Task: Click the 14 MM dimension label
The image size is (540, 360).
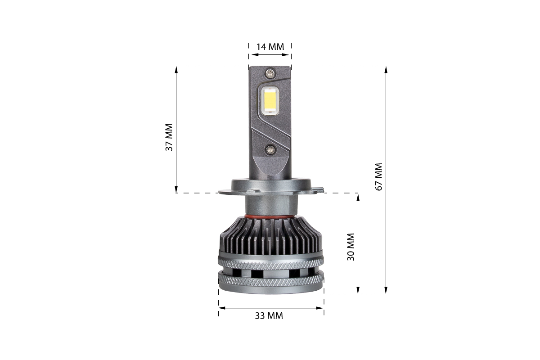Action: (x=270, y=47)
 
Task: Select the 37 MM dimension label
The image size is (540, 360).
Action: (x=169, y=137)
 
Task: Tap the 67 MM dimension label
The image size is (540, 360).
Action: (x=379, y=177)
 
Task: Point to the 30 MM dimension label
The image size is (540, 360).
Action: (x=351, y=247)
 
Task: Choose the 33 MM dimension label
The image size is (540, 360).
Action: (x=269, y=315)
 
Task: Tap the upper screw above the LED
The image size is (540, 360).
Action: (x=270, y=73)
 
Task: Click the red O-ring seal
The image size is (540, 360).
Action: (x=271, y=216)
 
